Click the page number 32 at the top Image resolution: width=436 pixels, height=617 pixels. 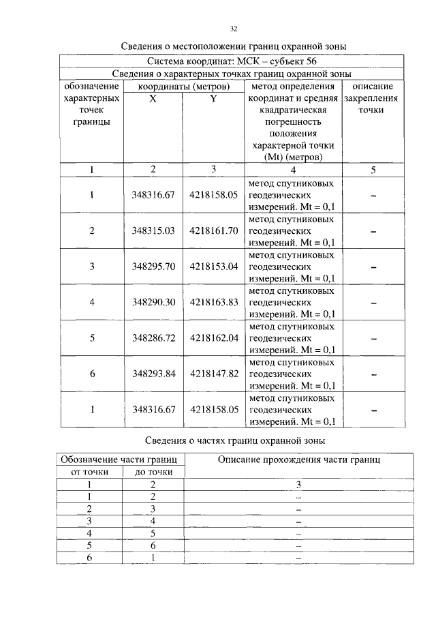click(x=234, y=29)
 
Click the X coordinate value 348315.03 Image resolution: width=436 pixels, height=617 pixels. click(x=153, y=230)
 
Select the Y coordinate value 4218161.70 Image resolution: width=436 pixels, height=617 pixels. click(x=213, y=230)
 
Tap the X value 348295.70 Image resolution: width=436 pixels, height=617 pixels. click(x=153, y=266)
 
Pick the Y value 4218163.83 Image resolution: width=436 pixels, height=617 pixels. click(x=213, y=302)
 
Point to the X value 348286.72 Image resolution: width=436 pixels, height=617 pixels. click(x=153, y=337)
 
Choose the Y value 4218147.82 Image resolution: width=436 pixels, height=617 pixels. click(x=213, y=373)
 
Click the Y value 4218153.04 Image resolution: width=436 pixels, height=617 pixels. click(x=213, y=266)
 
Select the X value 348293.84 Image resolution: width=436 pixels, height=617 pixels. click(x=153, y=373)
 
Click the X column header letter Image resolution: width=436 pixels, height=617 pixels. click(x=153, y=99)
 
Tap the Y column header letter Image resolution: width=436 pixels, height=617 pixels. click(x=213, y=99)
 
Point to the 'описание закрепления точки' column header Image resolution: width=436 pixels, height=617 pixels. click(x=373, y=98)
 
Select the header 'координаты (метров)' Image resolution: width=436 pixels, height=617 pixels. click(x=183, y=87)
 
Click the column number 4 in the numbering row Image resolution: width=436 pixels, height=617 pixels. click(x=293, y=170)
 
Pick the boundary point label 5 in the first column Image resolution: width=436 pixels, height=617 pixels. click(x=92, y=337)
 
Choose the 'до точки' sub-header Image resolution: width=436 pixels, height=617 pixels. click(x=153, y=471)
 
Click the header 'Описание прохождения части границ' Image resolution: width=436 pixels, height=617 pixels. click(x=299, y=460)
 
